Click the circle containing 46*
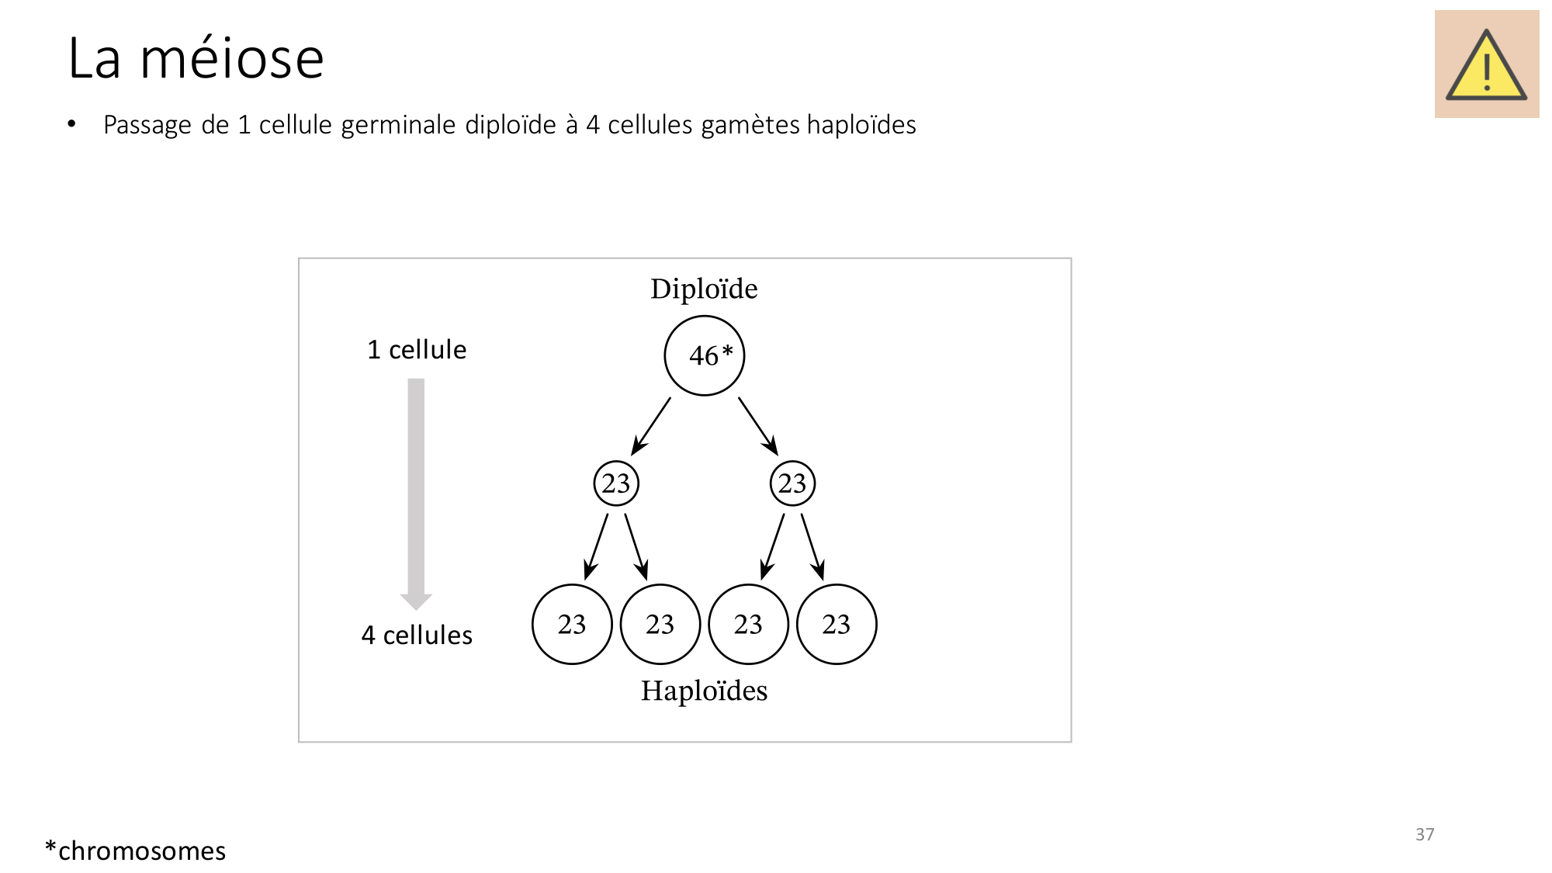click(705, 355)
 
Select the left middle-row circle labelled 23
click(616, 483)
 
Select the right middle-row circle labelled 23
click(792, 483)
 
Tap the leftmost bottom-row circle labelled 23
click(572, 624)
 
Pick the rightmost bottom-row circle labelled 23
click(837, 624)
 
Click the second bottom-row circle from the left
click(660, 624)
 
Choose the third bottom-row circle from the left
click(748, 624)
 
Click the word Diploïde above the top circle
click(704, 289)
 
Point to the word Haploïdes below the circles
click(704, 691)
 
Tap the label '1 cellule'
click(417, 349)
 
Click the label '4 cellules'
click(417, 635)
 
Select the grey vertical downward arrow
click(416, 494)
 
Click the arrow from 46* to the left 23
click(650, 427)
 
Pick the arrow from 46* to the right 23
click(758, 427)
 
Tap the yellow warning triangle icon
click(1486, 65)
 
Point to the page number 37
click(1425, 834)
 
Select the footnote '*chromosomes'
click(135, 850)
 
